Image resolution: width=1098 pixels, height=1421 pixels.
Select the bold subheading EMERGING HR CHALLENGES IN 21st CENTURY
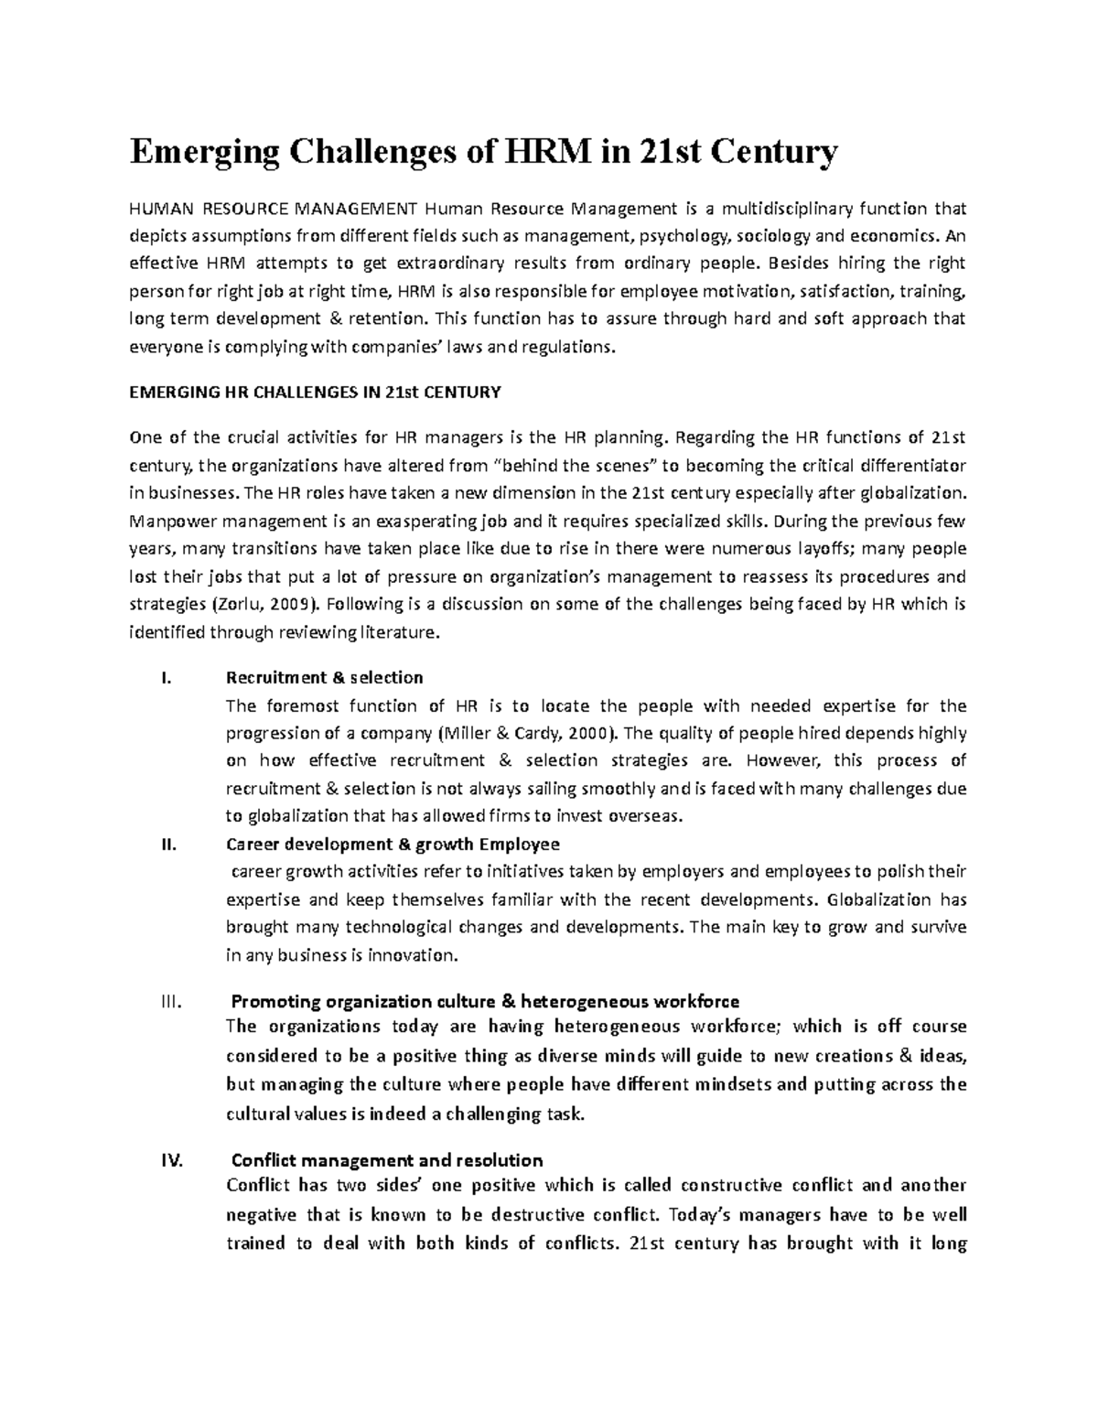point(316,393)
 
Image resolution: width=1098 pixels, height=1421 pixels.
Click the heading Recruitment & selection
point(324,678)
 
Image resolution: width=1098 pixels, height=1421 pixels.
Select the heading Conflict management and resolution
point(386,1161)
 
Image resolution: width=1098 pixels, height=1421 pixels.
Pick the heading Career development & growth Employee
point(393,844)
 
